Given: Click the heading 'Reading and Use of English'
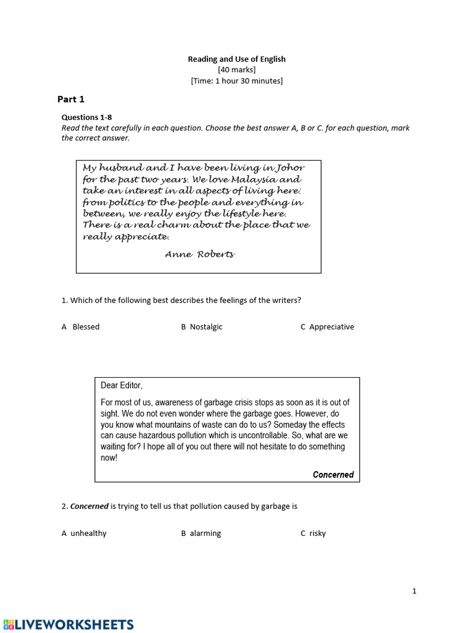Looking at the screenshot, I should coord(236,59).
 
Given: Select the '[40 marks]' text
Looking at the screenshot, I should coord(236,70).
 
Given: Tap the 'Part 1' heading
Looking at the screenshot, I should coord(71,99).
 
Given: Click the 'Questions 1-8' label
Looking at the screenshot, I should coord(86,117).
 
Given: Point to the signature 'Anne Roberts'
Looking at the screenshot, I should coord(199,255).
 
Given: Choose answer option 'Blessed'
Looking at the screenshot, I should coord(85,327).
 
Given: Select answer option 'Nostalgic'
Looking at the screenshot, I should coord(206,327).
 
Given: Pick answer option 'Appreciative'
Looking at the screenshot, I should coord(331,327).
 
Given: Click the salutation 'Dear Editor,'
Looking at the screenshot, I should coord(122,386).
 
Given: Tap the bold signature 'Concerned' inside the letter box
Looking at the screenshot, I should coord(333,475).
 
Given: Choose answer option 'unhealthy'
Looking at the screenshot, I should coord(88,533).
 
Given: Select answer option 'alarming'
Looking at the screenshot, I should coord(205,533).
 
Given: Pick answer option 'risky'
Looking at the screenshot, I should coord(317,533).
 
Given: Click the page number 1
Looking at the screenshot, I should coord(414,591).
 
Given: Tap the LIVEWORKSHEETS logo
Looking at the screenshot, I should coord(67,624).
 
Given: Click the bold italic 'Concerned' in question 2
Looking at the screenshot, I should coord(89,506).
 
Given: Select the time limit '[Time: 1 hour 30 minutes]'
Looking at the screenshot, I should coord(236,81).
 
